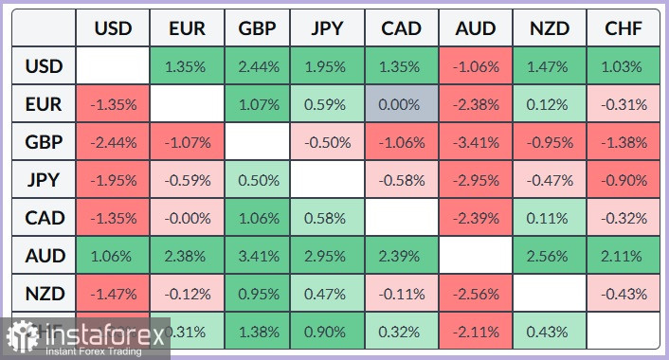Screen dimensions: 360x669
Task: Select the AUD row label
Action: point(45,256)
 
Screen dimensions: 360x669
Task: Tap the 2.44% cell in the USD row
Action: point(257,66)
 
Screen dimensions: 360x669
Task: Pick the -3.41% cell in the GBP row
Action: point(476,142)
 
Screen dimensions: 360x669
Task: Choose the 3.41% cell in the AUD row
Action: point(257,256)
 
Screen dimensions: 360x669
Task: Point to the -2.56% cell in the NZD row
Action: point(476,294)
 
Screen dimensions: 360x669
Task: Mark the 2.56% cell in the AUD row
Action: point(550,256)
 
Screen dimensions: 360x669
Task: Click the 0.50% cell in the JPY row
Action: point(257,180)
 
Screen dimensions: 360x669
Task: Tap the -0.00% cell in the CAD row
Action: point(185,218)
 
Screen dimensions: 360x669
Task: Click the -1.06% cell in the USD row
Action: point(476,66)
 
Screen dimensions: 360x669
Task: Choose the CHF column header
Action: point(623,28)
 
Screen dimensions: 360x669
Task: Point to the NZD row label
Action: point(45,294)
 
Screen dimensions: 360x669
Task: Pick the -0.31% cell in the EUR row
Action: point(623,104)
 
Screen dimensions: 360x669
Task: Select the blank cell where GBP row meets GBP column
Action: point(257,142)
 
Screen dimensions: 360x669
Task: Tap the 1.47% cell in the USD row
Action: point(550,66)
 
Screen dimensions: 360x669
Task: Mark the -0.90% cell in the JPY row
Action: point(623,180)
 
